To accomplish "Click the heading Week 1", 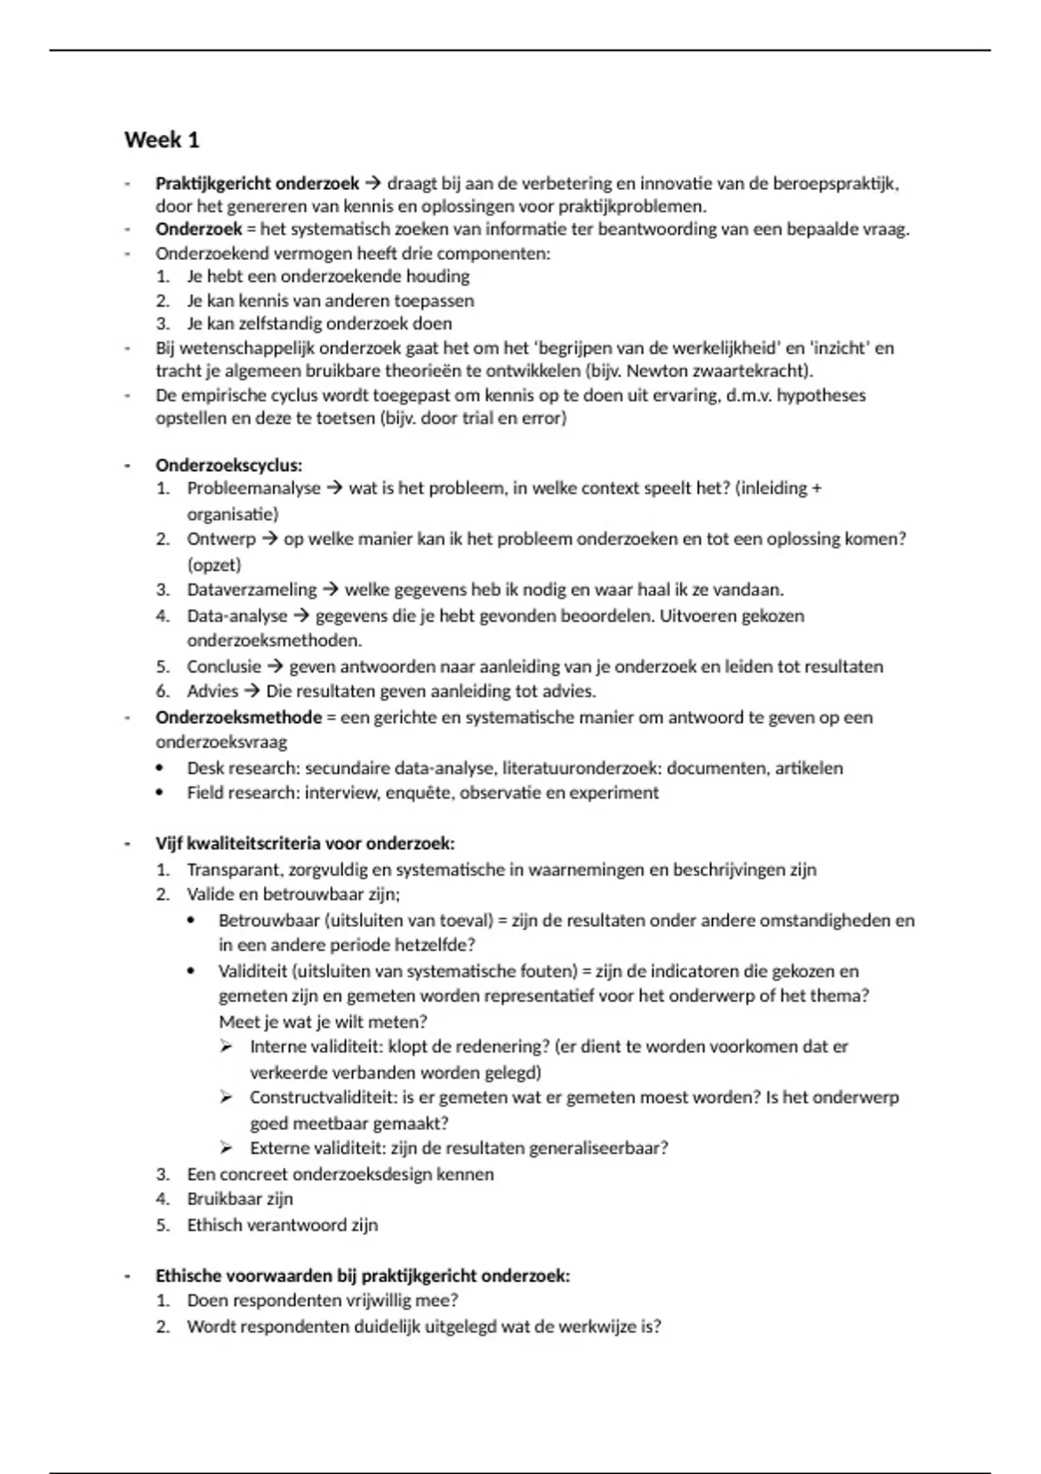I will (162, 140).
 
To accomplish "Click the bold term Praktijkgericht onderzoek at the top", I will (257, 184).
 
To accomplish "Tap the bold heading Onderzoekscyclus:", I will (229, 466).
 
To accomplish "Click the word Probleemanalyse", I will (253, 489).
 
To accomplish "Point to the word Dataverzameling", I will (252, 590).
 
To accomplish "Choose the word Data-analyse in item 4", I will (237, 616).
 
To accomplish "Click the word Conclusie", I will (224, 667).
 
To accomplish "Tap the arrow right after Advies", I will (252, 692).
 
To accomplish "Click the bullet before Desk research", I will (160, 769).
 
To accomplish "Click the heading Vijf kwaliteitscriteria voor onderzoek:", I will (305, 844).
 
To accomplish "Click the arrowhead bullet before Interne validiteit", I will (226, 1047).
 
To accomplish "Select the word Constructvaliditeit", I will (323, 1098).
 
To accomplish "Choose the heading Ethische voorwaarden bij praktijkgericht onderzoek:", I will (363, 1276).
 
